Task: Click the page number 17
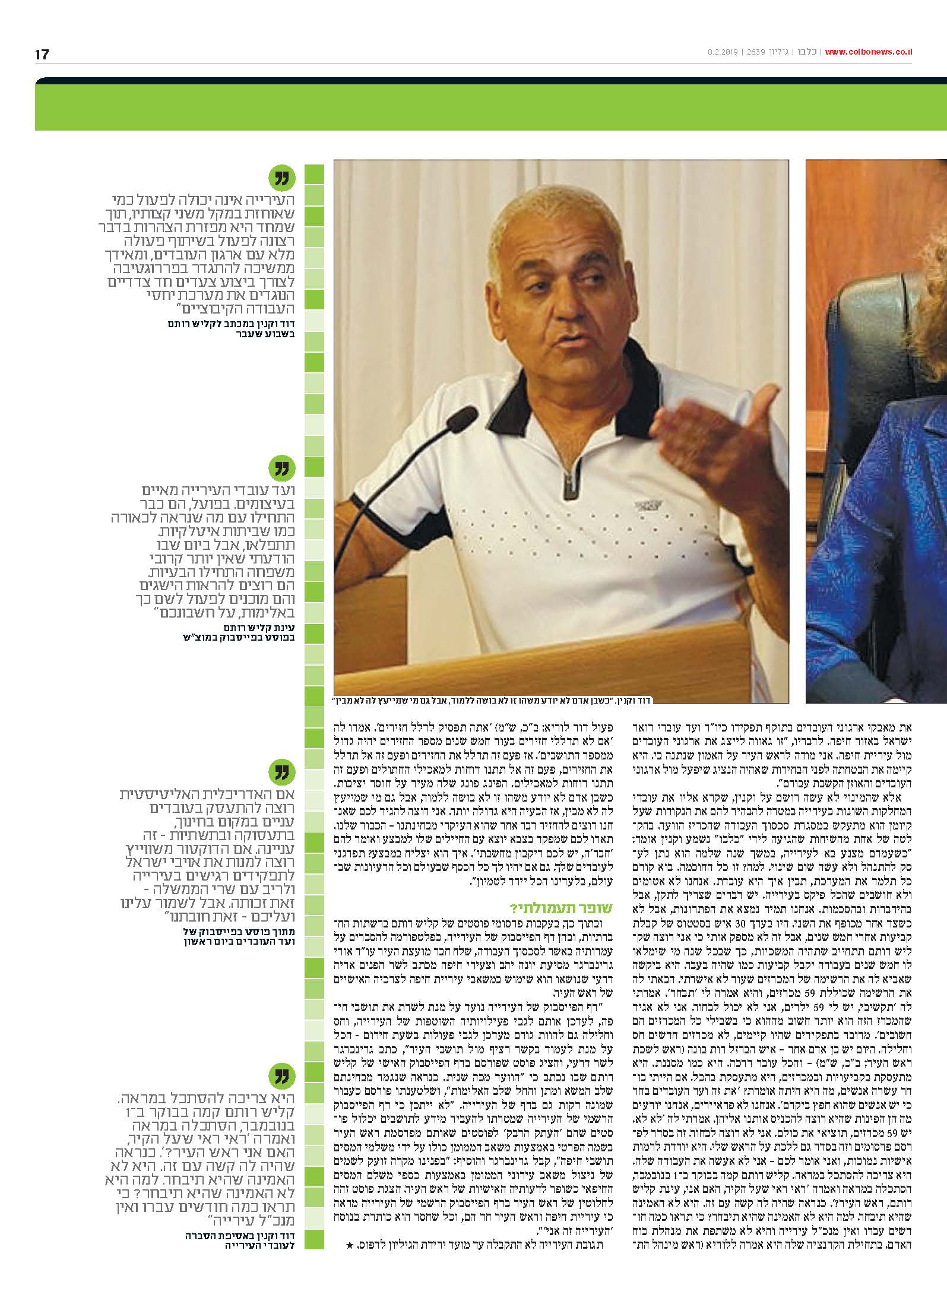click(42, 55)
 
